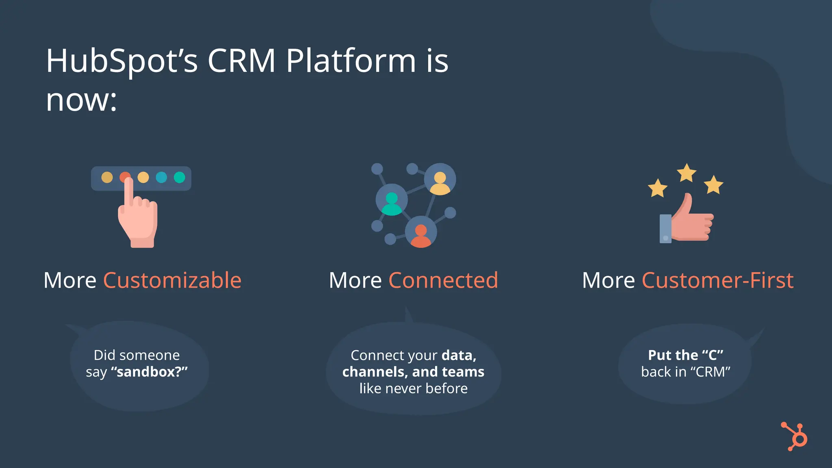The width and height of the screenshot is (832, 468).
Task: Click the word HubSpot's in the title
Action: (x=121, y=61)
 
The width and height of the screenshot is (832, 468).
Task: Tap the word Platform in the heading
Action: (x=351, y=61)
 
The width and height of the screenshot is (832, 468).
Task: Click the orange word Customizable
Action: (x=172, y=280)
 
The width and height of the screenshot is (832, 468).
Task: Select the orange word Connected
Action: (x=443, y=280)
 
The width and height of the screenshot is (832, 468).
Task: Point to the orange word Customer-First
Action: (x=717, y=280)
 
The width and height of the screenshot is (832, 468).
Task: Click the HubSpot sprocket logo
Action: (x=795, y=437)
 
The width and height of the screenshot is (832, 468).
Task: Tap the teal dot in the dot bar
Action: (x=179, y=178)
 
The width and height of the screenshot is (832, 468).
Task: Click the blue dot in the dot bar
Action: (x=161, y=178)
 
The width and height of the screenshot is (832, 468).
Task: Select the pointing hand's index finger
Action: (x=128, y=191)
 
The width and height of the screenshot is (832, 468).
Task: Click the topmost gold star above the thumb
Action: (x=687, y=173)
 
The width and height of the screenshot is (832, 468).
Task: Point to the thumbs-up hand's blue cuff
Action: (x=665, y=228)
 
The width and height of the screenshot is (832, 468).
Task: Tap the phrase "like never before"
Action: (x=413, y=388)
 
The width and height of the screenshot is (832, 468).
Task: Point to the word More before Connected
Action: (x=355, y=280)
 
